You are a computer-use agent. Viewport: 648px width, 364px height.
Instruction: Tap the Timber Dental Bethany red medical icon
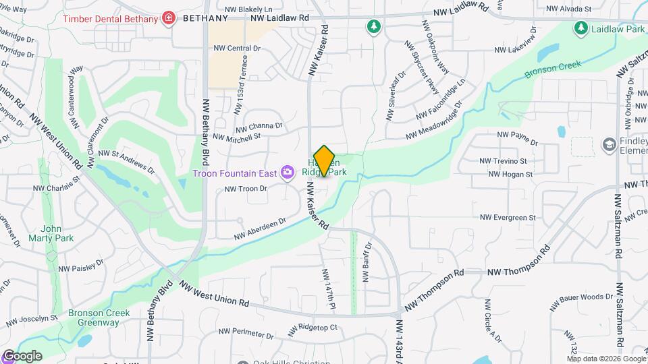[x=168, y=18]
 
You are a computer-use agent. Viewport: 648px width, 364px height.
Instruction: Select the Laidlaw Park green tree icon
[x=580, y=28]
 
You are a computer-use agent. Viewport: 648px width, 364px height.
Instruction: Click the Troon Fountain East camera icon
[x=288, y=173]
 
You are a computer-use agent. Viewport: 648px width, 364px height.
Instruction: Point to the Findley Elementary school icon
[x=609, y=145]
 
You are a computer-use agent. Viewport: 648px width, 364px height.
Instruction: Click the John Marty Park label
[x=51, y=233]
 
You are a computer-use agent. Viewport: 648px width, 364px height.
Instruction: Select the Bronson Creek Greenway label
[x=94, y=317]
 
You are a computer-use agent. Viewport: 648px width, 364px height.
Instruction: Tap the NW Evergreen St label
[x=508, y=218]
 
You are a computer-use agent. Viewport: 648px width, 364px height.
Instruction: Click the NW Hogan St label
[x=510, y=174]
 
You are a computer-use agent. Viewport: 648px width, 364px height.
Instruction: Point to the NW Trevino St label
[x=503, y=161]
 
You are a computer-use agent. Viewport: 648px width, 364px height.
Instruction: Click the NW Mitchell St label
[x=237, y=137]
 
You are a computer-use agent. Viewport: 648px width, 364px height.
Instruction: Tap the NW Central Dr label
[x=237, y=49]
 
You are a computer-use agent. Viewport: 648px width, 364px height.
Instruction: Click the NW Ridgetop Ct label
[x=313, y=330]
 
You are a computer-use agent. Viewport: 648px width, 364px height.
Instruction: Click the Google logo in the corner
[x=22, y=355]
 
